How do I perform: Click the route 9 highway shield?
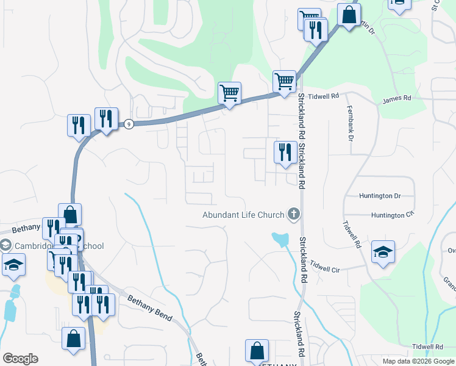point(129,124)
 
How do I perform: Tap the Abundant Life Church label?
point(244,215)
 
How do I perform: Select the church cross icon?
point(293,213)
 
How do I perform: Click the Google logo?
point(20,359)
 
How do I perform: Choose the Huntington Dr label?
point(380,196)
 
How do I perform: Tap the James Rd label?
point(396,98)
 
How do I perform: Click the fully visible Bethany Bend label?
point(150,308)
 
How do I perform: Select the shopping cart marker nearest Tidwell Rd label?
point(285,81)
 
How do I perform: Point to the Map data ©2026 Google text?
point(418,361)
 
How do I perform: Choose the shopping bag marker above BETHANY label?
point(257,350)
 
